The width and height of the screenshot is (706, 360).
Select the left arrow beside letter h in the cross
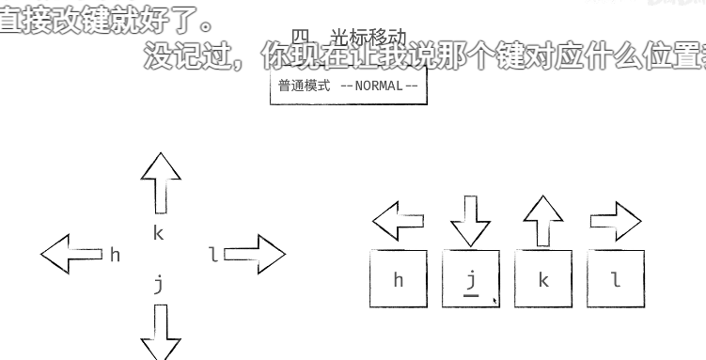tap(71, 254)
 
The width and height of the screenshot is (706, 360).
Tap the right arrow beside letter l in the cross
tap(254, 254)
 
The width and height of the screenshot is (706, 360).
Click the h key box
tap(399, 279)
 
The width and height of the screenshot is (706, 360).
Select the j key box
tap(471, 279)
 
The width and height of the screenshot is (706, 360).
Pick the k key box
tap(543, 279)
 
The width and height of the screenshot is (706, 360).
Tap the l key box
tap(616, 279)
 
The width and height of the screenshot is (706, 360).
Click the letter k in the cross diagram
tap(158, 233)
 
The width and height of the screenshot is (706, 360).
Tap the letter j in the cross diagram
tap(159, 283)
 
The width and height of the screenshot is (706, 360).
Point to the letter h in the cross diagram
tap(115, 255)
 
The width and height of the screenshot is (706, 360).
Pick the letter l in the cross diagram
tap(213, 254)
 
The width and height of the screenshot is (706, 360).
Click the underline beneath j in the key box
tap(471, 296)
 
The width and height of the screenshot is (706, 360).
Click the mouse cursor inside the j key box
tap(494, 301)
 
